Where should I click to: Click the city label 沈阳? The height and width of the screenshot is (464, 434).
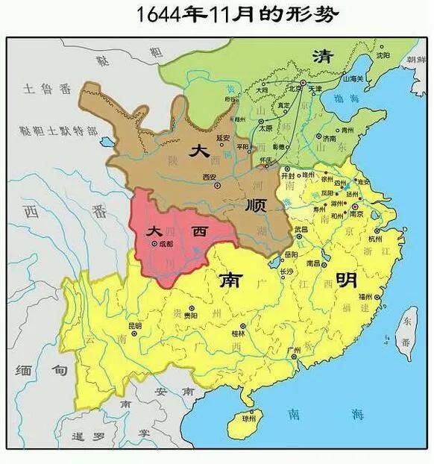383,54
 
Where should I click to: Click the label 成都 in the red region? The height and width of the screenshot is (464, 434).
165,243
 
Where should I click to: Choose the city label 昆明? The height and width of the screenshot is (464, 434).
135,325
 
